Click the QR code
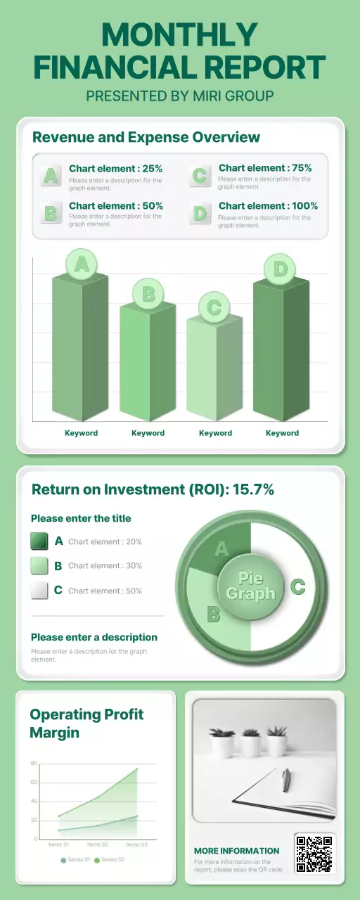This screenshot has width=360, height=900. (x=314, y=854)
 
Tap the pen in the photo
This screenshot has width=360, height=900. (x=286, y=780)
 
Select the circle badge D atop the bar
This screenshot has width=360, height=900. (x=281, y=269)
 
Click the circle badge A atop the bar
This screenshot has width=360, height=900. (x=82, y=264)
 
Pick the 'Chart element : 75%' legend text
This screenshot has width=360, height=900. (x=265, y=168)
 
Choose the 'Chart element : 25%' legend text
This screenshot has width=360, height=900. (x=115, y=169)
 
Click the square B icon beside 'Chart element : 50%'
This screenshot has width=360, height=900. (x=50, y=212)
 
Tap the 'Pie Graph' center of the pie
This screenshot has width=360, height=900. (x=250, y=586)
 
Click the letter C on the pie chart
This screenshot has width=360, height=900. (x=297, y=586)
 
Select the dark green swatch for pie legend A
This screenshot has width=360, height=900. (x=39, y=541)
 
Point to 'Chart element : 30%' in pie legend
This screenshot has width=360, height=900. (x=105, y=566)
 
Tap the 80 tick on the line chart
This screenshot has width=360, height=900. (x=34, y=764)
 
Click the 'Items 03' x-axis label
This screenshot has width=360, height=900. (x=136, y=845)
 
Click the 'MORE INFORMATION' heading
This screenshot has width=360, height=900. (x=236, y=851)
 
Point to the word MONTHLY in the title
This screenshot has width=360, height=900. (x=179, y=35)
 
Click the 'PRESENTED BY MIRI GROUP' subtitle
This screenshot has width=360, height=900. (x=179, y=96)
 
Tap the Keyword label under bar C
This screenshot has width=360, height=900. (x=215, y=433)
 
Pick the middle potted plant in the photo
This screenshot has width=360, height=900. (x=250, y=742)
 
